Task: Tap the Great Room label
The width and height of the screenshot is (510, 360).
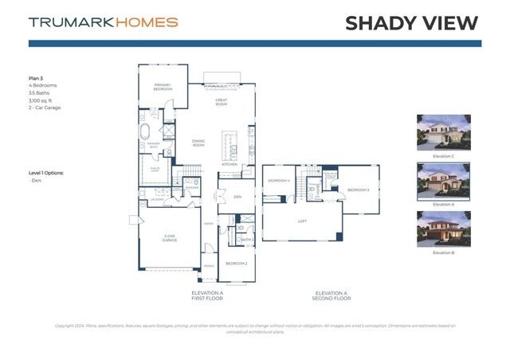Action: click(222, 101)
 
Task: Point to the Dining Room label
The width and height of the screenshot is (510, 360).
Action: click(198, 143)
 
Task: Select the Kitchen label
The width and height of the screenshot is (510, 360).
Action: click(229, 164)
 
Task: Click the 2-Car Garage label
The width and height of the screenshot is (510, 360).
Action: click(170, 237)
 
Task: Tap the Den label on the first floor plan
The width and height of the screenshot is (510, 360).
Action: click(237, 196)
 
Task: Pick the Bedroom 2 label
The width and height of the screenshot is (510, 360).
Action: click(236, 264)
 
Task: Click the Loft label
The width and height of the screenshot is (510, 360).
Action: click(302, 221)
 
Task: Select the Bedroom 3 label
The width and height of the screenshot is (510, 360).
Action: click(358, 190)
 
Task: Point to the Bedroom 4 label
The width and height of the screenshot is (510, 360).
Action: click(277, 180)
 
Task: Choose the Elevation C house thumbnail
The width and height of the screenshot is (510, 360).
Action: click(443, 132)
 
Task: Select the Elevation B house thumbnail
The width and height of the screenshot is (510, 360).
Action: click(443, 229)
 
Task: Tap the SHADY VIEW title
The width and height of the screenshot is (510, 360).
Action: click(411, 23)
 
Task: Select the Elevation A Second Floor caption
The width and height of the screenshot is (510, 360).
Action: click(331, 295)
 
